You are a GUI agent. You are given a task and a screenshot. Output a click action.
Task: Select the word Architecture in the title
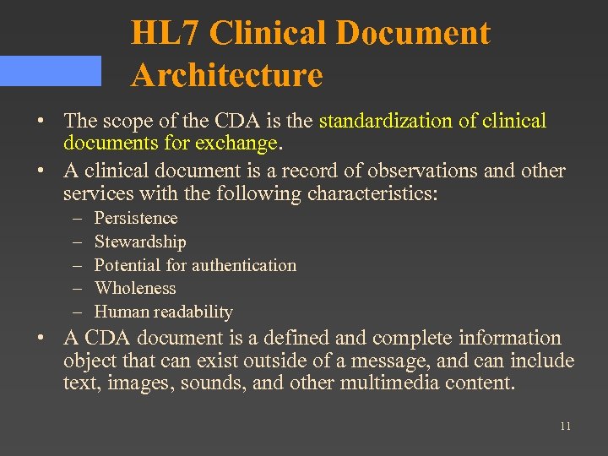pos(227,75)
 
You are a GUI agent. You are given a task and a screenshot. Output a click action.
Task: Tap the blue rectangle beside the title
pos(51,71)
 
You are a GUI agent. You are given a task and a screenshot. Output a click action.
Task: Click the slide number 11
pos(565,426)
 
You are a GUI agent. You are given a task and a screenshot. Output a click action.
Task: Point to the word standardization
pos(387,121)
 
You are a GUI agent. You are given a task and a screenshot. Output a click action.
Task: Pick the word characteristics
pos(370,193)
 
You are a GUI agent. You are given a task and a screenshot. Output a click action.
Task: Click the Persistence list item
pos(136,218)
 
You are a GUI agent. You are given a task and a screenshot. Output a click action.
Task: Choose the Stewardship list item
pos(140,242)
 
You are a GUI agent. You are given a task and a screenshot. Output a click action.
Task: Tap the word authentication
pos(243,265)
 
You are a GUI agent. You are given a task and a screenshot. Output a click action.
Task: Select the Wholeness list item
pos(135,288)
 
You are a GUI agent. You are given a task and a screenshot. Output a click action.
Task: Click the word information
pos(510,339)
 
